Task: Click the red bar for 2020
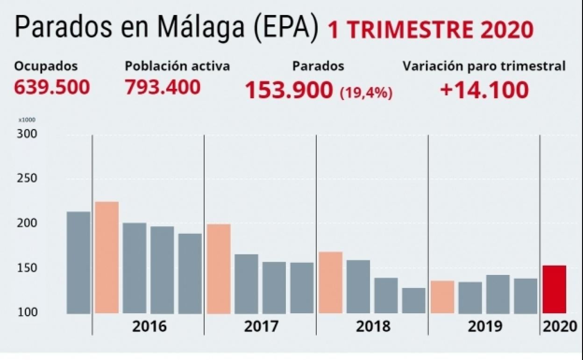[x=554, y=289]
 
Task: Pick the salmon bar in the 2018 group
[x=330, y=282]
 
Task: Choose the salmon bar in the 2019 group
[x=442, y=297]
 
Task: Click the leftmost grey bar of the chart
[x=78, y=262]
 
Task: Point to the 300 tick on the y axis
[x=28, y=134]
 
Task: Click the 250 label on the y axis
[x=28, y=179]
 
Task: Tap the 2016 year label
[x=149, y=326]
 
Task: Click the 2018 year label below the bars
[x=373, y=326]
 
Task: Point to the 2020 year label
[x=560, y=326]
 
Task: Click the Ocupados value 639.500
[x=52, y=87]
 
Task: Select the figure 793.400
[x=163, y=87]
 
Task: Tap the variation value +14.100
[x=484, y=90]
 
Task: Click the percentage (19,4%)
[x=366, y=93]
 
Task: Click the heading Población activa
[x=177, y=66]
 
